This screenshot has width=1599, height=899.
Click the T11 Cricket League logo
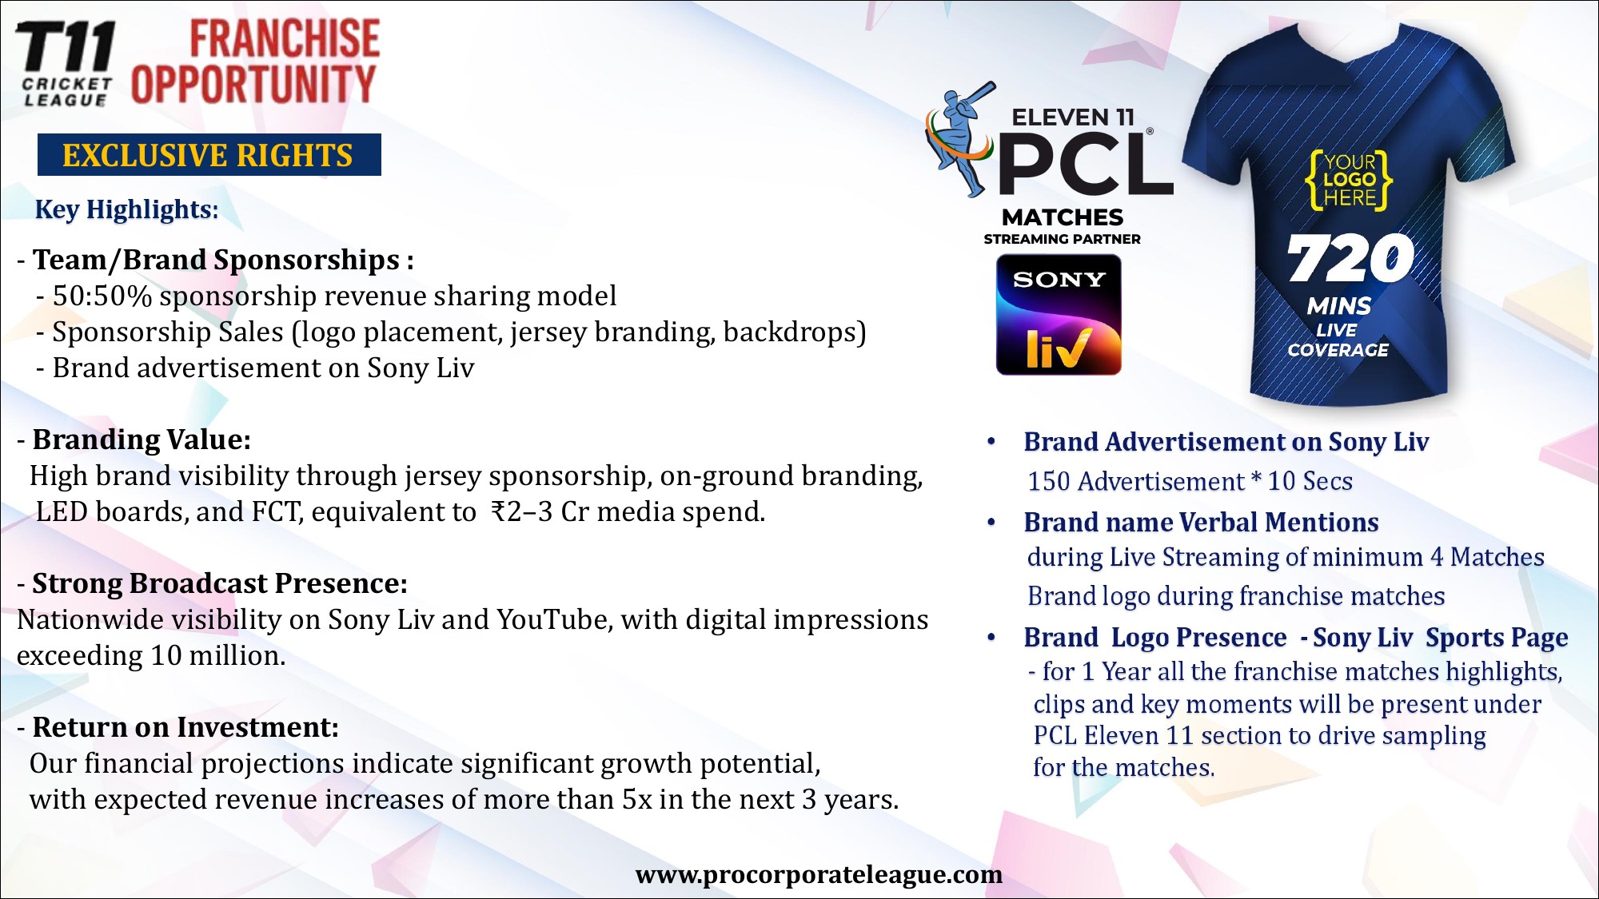66,63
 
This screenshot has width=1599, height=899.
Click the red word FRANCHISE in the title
285,39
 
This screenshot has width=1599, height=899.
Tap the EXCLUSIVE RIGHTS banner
209,155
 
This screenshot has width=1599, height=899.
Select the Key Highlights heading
126,209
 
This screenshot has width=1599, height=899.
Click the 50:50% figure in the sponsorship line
102,296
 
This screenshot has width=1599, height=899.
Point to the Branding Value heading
142,440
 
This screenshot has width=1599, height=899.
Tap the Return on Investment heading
185,727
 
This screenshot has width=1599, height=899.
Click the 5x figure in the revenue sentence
637,799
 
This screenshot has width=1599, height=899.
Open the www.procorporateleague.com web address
819,874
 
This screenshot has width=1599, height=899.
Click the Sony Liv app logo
1059,315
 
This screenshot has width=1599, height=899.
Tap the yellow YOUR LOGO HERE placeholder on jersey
1349,180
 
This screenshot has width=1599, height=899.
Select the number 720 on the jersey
1350,258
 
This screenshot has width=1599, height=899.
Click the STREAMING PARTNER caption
1062,239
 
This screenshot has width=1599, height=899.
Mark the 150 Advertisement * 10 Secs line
1190,481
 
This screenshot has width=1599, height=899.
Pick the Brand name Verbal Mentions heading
1201,523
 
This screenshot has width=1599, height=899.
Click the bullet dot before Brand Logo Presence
991,638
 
